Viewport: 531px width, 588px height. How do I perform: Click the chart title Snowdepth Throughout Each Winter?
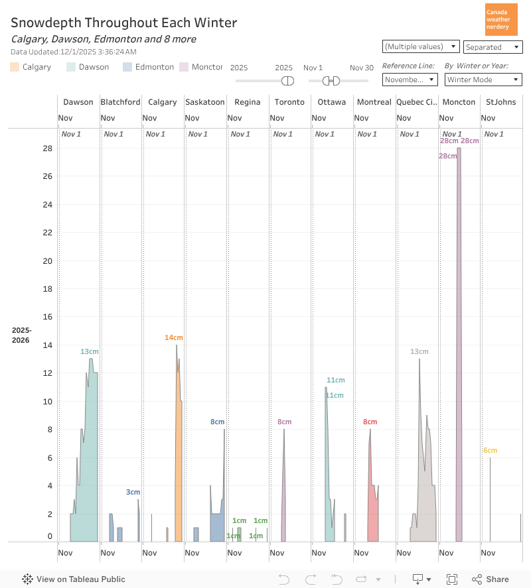[123, 23]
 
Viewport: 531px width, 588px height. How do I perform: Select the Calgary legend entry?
[31, 67]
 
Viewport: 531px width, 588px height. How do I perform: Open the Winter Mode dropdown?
[483, 80]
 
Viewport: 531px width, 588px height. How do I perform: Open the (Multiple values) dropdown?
[421, 46]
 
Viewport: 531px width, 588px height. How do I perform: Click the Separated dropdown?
[493, 47]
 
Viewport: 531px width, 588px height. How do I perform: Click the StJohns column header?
[500, 102]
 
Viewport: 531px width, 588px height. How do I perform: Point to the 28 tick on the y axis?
[47, 148]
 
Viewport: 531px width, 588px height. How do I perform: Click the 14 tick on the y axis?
[47, 345]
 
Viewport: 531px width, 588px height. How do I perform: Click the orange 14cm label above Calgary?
[173, 338]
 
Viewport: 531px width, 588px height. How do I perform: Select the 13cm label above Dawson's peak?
[90, 351]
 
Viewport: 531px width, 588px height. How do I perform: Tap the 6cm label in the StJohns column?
[490, 451]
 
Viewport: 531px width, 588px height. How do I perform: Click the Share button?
[491, 579]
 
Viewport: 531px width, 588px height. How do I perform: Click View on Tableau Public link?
[74, 579]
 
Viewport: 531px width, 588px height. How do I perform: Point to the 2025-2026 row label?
[21, 335]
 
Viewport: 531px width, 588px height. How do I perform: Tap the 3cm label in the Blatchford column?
[133, 492]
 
